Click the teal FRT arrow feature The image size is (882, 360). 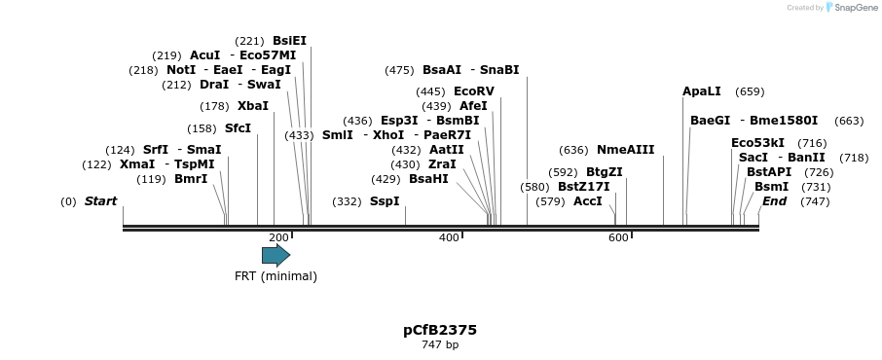point(276,255)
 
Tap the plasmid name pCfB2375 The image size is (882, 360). point(440,330)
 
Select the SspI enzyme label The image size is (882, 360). point(385,201)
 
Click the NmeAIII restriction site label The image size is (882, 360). point(625,150)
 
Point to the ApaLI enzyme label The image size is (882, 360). point(702,91)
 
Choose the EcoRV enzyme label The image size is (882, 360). point(474,91)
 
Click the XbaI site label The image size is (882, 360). point(252,106)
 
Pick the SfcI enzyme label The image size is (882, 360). point(238,128)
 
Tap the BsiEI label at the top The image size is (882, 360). point(289,41)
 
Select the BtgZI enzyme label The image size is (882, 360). point(604,172)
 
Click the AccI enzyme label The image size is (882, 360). point(588,201)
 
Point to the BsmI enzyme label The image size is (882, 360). point(771,187)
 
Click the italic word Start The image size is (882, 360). point(100,201)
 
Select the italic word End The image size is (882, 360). point(774,201)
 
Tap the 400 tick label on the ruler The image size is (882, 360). point(449,237)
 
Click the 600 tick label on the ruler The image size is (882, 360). point(618,237)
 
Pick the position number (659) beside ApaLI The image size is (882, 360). point(750,91)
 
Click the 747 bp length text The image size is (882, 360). point(440,344)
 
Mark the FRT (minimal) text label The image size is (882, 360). point(276,275)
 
